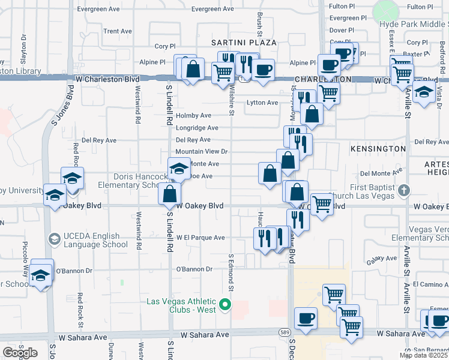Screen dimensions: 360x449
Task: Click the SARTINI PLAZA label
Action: coord(244,43)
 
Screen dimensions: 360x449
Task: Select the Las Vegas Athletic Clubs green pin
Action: coord(226,305)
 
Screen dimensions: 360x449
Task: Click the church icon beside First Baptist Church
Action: coord(404,191)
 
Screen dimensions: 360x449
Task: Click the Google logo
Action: coord(20,353)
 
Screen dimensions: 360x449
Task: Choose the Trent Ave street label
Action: coord(118,31)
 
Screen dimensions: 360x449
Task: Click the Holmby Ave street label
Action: coord(193,115)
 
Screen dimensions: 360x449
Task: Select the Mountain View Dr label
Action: coord(202,152)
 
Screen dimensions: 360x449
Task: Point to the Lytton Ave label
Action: coord(262,103)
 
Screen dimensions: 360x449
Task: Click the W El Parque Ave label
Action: coord(202,238)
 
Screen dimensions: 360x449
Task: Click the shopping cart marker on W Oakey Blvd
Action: coord(322,204)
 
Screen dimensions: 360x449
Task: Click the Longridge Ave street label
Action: coord(197,128)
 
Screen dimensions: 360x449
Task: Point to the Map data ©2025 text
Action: coord(423,355)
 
